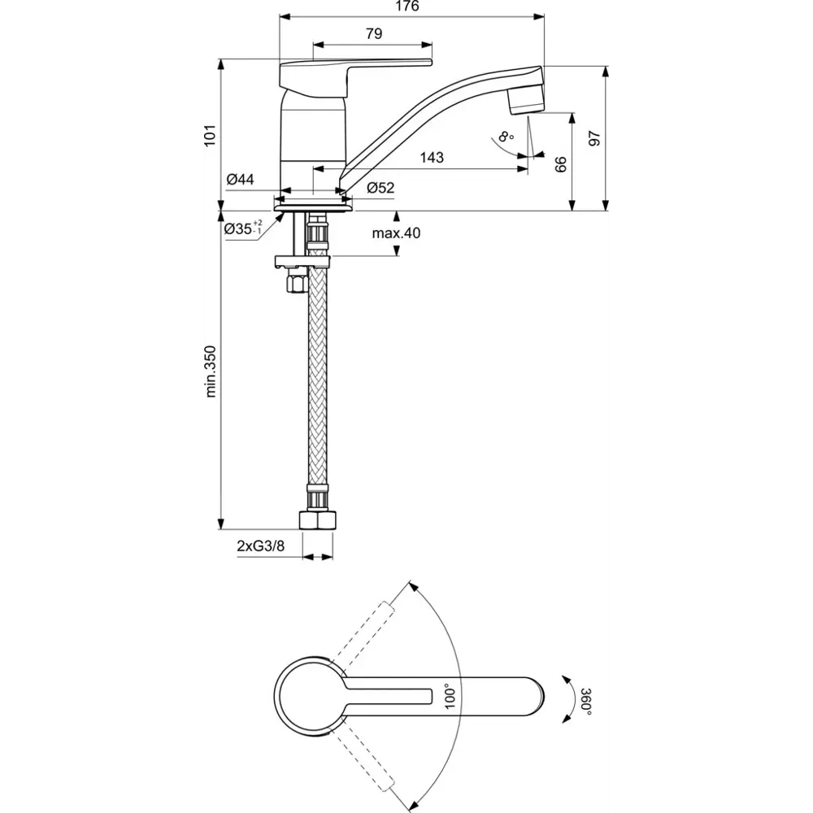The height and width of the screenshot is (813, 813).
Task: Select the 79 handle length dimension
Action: [373, 33]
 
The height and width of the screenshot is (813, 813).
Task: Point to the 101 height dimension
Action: [210, 134]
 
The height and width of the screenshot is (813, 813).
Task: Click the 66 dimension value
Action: [560, 163]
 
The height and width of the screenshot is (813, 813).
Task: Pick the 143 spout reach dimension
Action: [432, 158]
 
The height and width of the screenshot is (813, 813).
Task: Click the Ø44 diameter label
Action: [241, 180]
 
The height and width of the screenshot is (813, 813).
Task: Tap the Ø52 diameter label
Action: [380, 188]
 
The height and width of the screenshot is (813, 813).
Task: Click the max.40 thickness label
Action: [396, 233]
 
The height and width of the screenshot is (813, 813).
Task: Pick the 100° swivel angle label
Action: [450, 698]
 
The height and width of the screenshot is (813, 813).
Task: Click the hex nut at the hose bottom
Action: [317, 521]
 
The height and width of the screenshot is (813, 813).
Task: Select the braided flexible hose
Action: [317, 374]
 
